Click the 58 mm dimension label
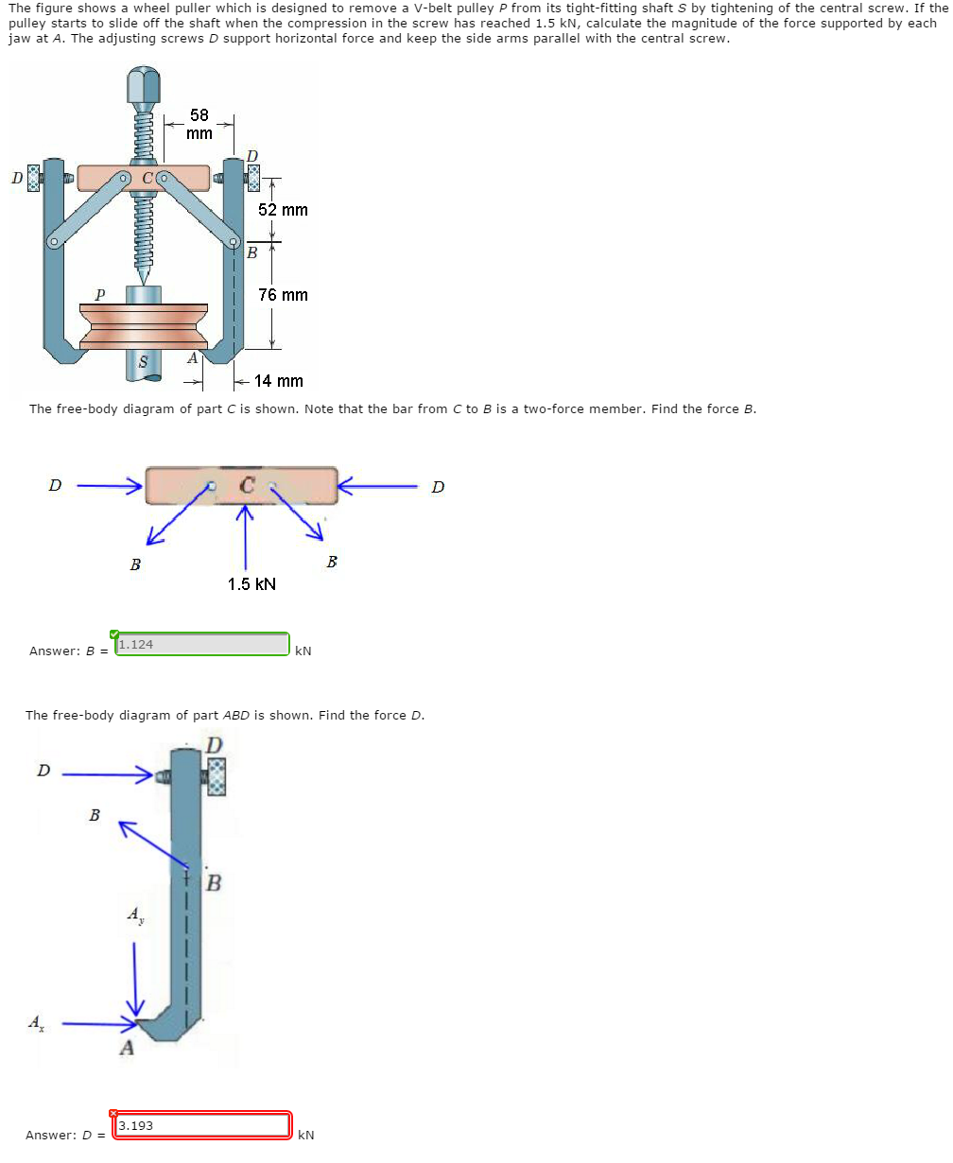(199, 124)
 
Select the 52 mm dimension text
(283, 210)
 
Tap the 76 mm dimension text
(283, 295)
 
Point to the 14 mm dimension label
(279, 381)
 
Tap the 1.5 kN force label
(251, 584)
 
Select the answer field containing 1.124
(202, 645)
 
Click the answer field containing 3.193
(202, 1126)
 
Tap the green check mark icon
(114, 634)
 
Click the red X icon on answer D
(114, 1114)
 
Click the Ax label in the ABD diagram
(35, 1022)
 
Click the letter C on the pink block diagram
(246, 486)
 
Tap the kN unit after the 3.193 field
(305, 1135)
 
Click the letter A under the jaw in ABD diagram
(126, 1049)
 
